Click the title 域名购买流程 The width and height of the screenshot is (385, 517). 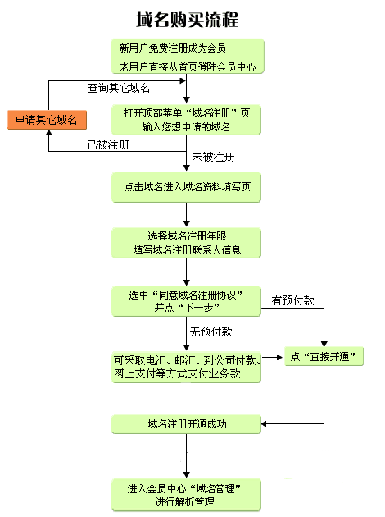pyautogui.click(x=188, y=18)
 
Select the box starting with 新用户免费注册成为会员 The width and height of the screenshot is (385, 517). pyautogui.click(x=188, y=55)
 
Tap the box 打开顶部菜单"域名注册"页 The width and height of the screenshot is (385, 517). pyautogui.click(x=188, y=119)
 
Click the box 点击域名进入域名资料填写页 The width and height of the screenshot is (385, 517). pyautogui.click(x=188, y=186)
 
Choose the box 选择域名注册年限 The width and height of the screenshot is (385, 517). pyautogui.click(x=188, y=241)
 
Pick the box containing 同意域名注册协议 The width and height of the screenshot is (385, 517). pyautogui.click(x=188, y=300)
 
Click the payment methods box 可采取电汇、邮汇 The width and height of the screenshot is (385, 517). pyautogui.click(x=188, y=366)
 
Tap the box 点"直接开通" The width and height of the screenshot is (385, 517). pyautogui.click(x=324, y=357)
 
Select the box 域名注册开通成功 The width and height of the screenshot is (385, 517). pyautogui.click(x=188, y=424)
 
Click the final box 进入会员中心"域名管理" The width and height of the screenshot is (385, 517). pyautogui.click(x=188, y=495)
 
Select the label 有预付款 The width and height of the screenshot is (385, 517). pyautogui.click(x=292, y=301)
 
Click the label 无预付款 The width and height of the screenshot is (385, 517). pyautogui.click(x=211, y=332)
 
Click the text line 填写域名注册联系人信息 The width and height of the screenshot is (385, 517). pyautogui.click(x=188, y=249)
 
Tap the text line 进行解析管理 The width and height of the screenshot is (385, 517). pyautogui.click(x=188, y=501)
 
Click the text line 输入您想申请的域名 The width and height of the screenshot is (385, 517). pyautogui.click(x=188, y=126)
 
